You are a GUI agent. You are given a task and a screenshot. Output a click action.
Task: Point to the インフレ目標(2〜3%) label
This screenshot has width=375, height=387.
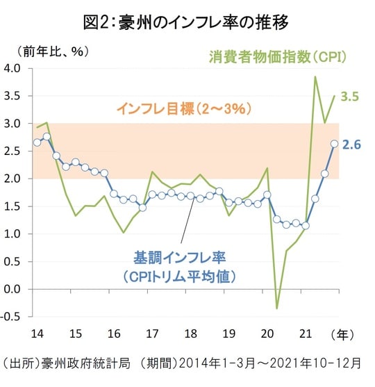tap(183, 108)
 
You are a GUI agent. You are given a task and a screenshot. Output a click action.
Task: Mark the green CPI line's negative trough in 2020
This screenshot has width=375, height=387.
tap(277, 308)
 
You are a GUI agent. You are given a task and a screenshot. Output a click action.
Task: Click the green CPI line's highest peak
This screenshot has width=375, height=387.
tap(315, 77)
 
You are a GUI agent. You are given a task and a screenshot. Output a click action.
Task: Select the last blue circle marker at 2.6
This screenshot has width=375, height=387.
tap(334, 144)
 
